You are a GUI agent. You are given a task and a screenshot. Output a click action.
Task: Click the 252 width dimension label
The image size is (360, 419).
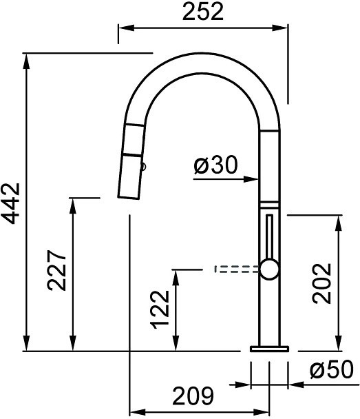203,12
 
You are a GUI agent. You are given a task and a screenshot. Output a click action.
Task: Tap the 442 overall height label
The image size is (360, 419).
11,203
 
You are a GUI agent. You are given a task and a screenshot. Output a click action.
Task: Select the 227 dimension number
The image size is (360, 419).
56,270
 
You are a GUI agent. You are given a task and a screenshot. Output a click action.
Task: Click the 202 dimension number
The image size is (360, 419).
321,283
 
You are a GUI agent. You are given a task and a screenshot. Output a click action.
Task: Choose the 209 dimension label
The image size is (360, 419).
193,396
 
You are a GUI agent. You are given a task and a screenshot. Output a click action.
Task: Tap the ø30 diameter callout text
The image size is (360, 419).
215,165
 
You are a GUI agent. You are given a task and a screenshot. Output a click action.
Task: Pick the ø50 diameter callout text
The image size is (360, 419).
332,369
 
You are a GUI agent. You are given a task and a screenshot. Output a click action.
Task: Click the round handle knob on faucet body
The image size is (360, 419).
270,269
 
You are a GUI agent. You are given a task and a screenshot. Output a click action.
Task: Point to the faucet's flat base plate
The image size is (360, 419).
269,349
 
